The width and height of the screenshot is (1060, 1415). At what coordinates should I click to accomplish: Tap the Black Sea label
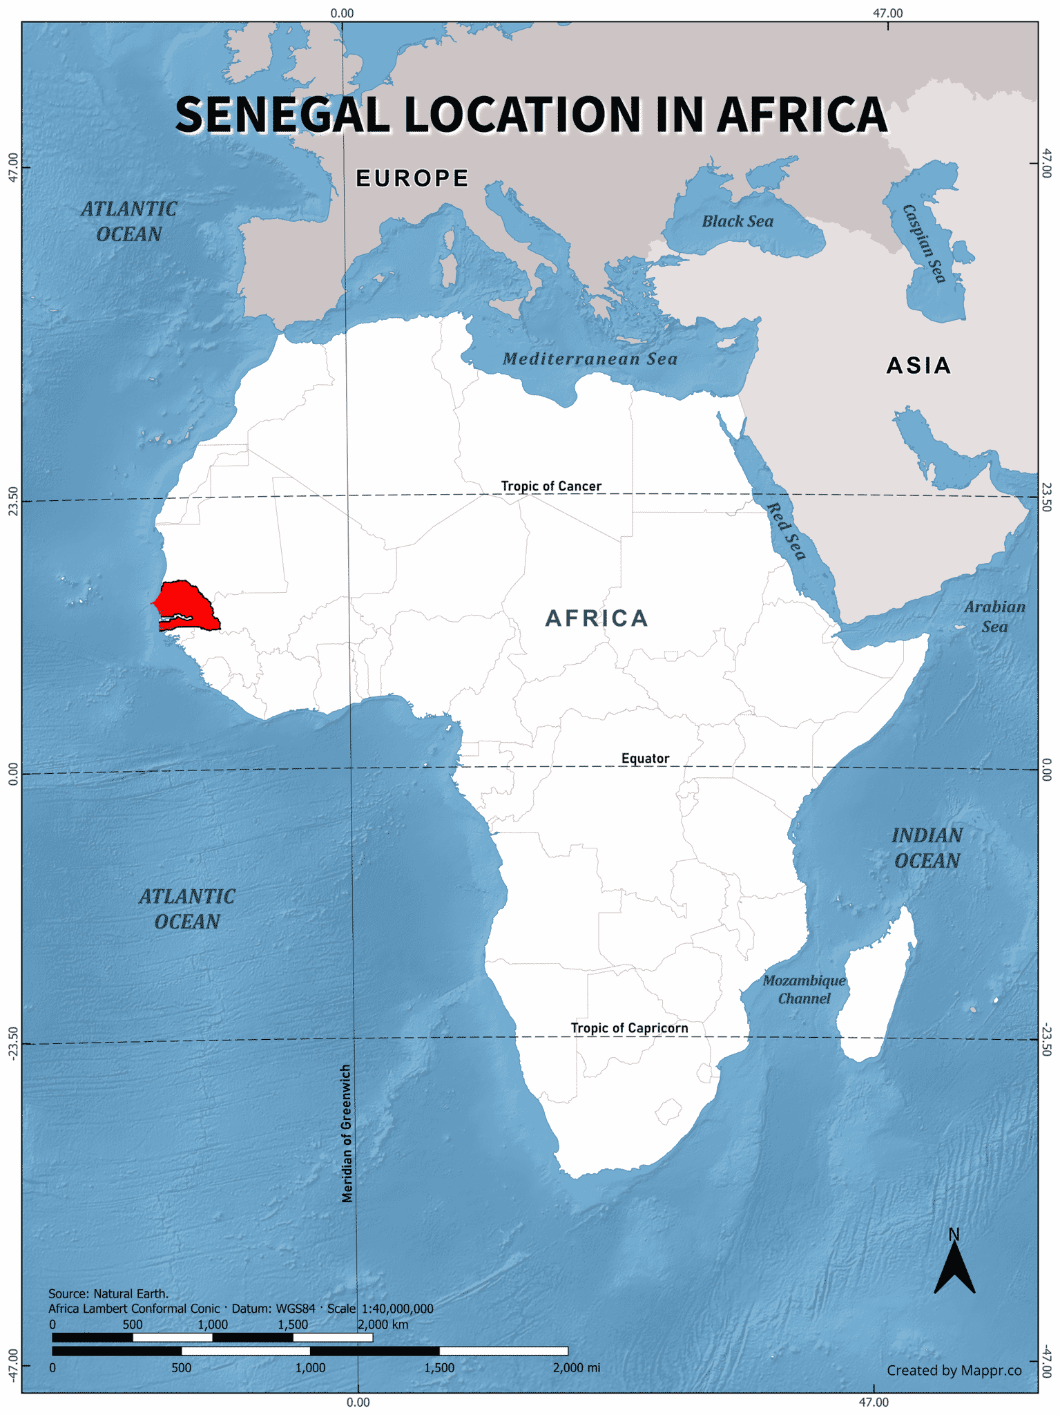point(738,221)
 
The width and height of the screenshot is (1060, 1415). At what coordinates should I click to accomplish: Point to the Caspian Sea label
point(924,243)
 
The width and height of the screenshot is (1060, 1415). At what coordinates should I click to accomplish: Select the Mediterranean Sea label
point(590,359)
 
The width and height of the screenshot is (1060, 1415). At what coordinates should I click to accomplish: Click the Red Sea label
point(787,531)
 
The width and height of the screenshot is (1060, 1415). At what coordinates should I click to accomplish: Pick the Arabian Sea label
point(994,616)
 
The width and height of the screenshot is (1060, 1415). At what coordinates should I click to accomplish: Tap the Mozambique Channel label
point(804,989)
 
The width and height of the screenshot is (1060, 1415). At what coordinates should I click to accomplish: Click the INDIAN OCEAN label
point(927,848)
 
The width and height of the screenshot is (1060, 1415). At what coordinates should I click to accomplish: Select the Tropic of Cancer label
point(551,486)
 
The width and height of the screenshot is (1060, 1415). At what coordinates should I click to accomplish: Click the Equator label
point(645,758)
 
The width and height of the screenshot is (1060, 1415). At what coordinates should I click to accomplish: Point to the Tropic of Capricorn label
point(629,1027)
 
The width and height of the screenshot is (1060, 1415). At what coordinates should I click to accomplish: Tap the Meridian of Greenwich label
point(347,1133)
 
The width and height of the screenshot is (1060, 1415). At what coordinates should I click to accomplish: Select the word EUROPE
point(412,178)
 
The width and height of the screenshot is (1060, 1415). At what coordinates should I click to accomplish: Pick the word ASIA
point(918,365)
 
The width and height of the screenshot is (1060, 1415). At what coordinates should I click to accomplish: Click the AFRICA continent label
point(597,618)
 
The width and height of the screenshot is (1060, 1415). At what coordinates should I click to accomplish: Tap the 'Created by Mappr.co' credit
point(954,1370)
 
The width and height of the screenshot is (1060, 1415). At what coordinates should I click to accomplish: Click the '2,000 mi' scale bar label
point(576,1367)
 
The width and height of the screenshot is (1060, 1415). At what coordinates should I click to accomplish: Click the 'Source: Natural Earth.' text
point(108,1293)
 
